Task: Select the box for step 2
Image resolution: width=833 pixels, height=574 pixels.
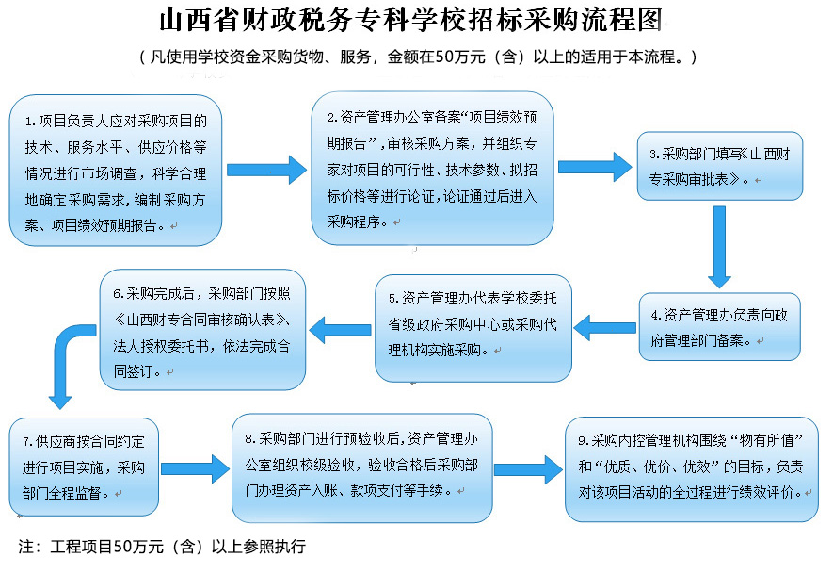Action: coord(432,169)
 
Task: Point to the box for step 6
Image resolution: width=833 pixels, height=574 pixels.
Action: coord(202,329)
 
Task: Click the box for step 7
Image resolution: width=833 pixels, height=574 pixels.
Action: coord(84,465)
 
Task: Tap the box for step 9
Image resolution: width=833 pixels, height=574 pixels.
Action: coord(692,466)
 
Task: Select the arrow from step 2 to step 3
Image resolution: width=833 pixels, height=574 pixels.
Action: coord(594,167)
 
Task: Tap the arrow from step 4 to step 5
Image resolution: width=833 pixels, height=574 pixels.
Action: coord(605,327)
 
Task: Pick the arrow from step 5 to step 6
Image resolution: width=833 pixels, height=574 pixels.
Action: coord(340,329)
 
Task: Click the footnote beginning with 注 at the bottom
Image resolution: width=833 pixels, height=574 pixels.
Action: coord(163,547)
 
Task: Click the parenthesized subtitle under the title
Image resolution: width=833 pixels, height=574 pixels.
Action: coord(417,57)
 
